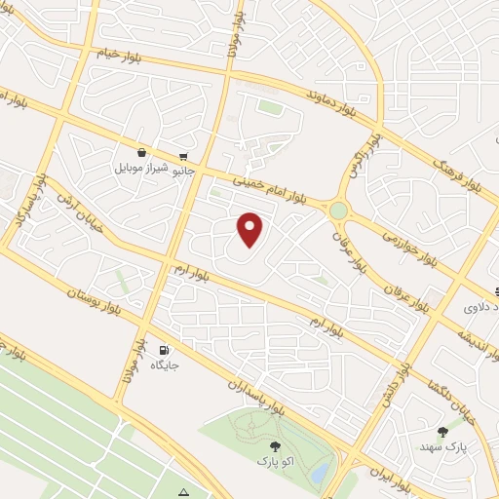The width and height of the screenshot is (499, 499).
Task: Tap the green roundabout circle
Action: (338, 210)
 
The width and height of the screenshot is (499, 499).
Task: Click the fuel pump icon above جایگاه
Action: (163, 350)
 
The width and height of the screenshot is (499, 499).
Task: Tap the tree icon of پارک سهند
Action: (443, 430)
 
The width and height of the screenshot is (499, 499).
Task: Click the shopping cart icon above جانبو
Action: (182, 156)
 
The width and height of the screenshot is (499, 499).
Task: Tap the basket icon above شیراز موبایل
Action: (143, 152)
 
